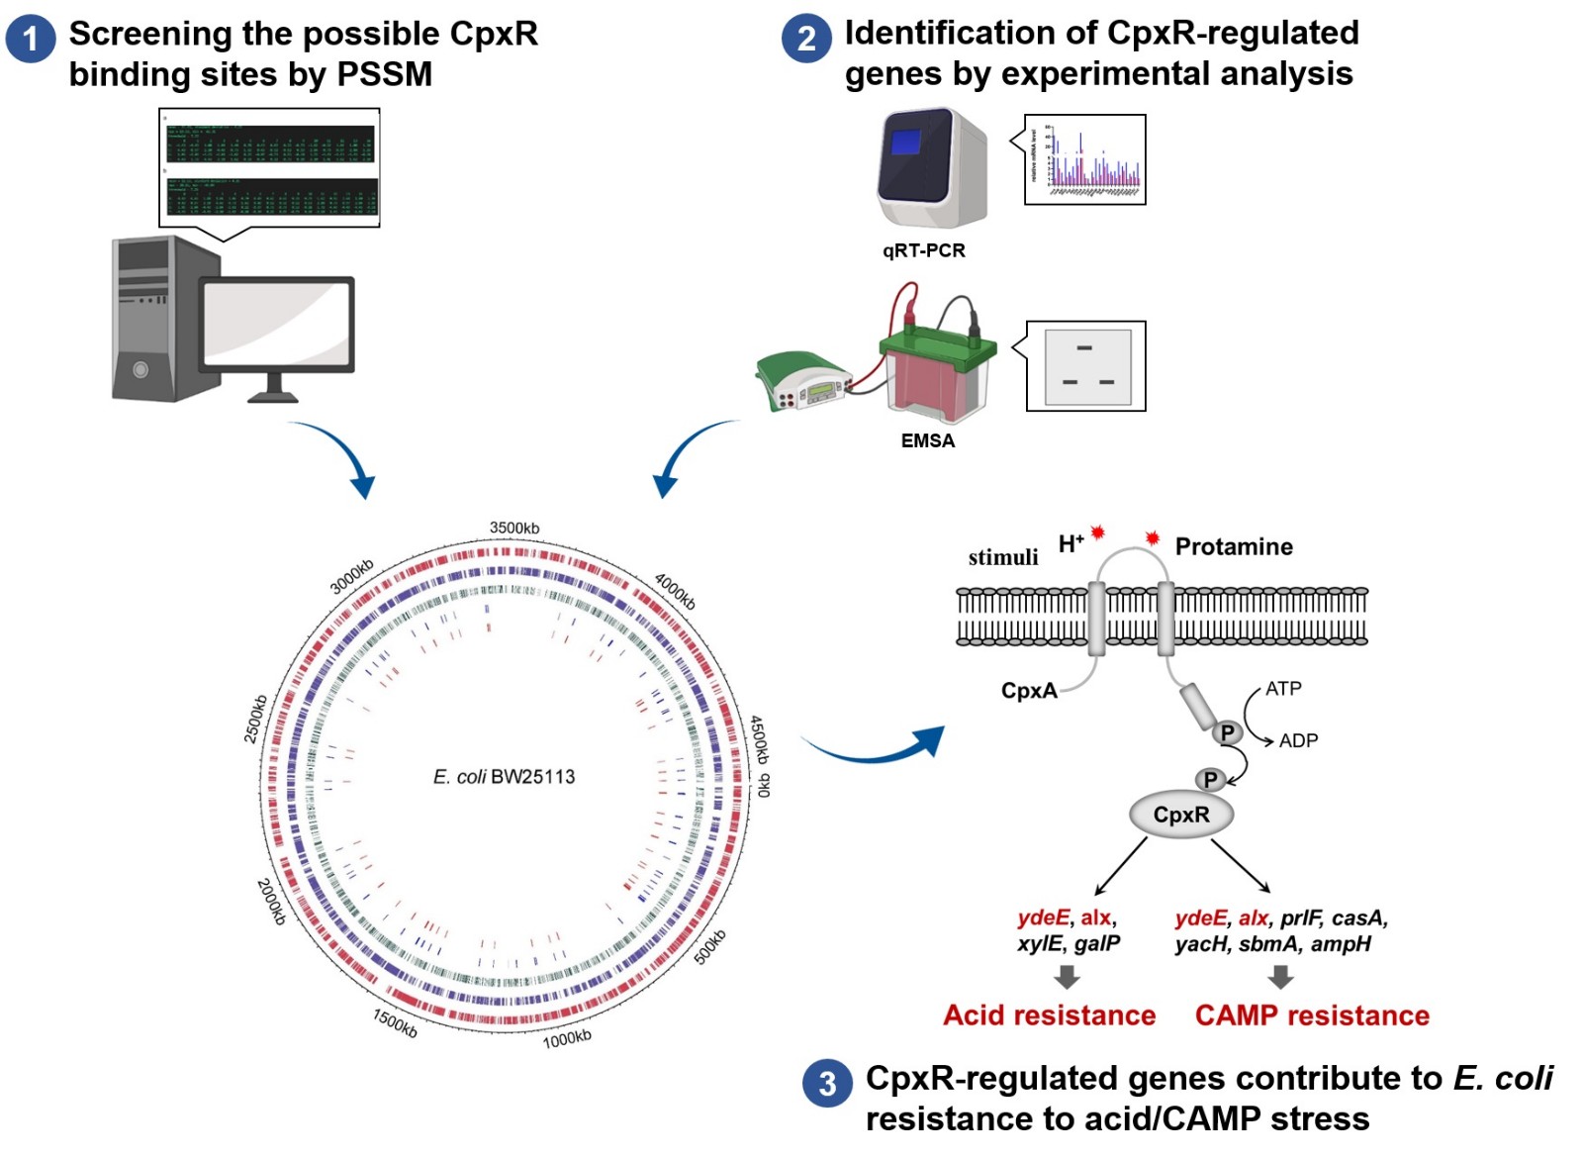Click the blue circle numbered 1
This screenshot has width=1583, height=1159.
pos(30,39)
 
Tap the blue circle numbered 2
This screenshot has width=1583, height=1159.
pos(806,39)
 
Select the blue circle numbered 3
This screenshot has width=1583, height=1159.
pos(827,1084)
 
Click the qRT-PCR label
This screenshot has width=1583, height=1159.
pos(923,250)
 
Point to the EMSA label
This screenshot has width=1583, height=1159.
pos(927,441)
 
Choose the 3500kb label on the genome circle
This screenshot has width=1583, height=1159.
pos(514,529)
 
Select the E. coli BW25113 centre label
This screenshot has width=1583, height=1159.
pos(504,777)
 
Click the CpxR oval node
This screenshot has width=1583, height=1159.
pos(1181,815)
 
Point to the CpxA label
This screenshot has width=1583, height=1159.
pos(1029,691)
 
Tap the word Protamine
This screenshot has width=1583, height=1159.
pos(1234,547)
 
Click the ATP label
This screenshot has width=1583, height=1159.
pos(1283,689)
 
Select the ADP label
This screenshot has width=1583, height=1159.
pos(1298,740)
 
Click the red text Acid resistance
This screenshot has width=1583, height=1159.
pos(1049,1015)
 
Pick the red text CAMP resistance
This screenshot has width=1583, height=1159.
pos(1312,1015)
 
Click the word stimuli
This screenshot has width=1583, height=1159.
pos(1003,558)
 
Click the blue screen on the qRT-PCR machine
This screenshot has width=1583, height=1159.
pos(905,143)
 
